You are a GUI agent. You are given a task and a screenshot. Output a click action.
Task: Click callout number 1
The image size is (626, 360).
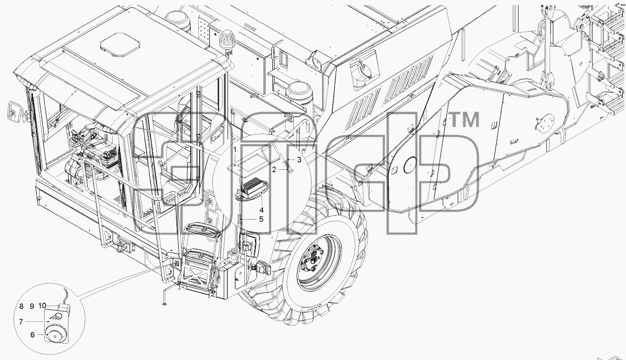(235, 150)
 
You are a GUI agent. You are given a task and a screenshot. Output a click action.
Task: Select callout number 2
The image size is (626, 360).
(274, 169)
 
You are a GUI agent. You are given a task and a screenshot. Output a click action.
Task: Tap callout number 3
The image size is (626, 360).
(299, 160)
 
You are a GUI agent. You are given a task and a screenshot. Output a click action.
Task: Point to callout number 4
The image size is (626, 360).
(261, 210)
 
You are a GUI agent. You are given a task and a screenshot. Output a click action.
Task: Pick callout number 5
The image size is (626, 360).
(261, 219)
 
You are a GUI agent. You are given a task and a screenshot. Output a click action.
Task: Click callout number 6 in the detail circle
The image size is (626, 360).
(33, 334)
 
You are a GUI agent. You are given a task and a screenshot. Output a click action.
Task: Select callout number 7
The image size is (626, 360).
(21, 322)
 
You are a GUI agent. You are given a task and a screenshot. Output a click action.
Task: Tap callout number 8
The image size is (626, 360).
(21, 307)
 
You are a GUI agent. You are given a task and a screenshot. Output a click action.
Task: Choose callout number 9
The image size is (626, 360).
(32, 307)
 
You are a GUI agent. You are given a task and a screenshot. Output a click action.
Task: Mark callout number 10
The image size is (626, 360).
(42, 306)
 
